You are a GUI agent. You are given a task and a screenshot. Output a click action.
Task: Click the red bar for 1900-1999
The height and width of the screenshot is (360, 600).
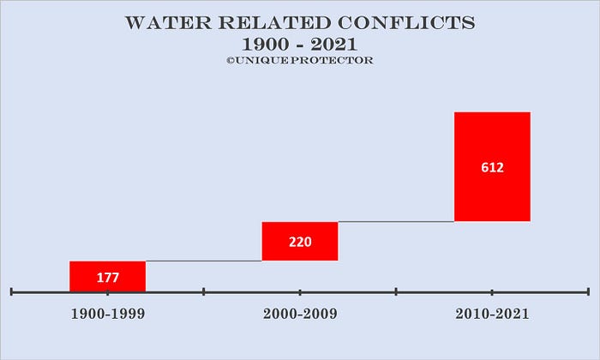[107, 267]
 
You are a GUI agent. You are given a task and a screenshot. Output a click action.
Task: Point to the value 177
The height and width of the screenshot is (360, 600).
[107, 277]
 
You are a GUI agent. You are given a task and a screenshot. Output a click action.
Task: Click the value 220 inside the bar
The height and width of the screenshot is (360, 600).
[300, 242]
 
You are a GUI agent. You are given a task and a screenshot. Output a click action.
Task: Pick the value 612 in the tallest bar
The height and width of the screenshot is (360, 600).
[492, 168]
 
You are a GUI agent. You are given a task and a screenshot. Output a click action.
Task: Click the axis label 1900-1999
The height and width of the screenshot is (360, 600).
[107, 314]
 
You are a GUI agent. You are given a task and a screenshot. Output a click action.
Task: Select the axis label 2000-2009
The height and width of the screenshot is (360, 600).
[300, 314]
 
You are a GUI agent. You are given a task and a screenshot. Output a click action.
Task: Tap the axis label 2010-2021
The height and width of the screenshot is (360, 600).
[492, 314]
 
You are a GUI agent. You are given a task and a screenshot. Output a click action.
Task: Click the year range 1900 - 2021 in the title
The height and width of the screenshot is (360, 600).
[300, 44]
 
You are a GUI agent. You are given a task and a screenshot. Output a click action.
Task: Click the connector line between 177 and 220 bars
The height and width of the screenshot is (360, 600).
[204, 261]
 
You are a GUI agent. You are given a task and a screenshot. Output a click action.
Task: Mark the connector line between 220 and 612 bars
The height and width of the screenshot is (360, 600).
[396, 221]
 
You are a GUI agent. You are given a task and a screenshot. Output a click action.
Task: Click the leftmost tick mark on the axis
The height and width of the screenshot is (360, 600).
[11, 292]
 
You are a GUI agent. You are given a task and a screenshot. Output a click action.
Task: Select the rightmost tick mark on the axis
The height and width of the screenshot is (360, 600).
[588, 292]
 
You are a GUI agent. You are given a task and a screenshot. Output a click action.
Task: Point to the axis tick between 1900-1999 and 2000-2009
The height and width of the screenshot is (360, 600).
[204, 292]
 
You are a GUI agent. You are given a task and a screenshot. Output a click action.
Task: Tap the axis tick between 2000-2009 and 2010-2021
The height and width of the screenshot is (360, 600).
[396, 292]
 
